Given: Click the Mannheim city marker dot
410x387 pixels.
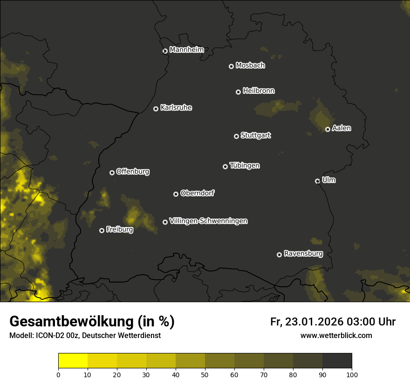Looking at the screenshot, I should pyautogui.click(x=165, y=51).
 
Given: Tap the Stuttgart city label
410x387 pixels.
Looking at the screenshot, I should pyautogui.click(x=255, y=136).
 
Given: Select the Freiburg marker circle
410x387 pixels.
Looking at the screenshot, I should pyautogui.click(x=102, y=230).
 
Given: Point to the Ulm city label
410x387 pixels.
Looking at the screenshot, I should pyautogui.click(x=328, y=180).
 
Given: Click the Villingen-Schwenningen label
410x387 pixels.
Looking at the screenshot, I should pyautogui.click(x=208, y=221).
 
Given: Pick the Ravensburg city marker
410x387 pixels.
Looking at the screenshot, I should pyautogui.click(x=280, y=255).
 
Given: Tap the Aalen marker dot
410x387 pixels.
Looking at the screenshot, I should pyautogui.click(x=328, y=129).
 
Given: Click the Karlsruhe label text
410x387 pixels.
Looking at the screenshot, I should pyautogui.click(x=176, y=108).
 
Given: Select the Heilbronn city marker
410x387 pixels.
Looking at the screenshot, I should pyautogui.click(x=239, y=92).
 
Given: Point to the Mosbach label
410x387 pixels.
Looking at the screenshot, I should pyautogui.click(x=250, y=66).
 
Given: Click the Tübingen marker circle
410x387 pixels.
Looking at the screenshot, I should pyautogui.click(x=225, y=166).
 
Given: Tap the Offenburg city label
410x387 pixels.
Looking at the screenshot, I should pyautogui.click(x=133, y=172).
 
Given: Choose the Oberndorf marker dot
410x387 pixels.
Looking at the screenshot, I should pyautogui.click(x=176, y=194).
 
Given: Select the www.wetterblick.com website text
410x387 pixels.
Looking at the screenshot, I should pyautogui.click(x=336, y=335).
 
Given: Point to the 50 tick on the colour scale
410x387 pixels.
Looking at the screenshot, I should pyautogui.click(x=205, y=374).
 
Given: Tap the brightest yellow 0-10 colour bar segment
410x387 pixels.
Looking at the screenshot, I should pyautogui.click(x=73, y=361).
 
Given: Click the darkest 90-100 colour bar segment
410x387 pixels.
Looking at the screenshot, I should pyautogui.click(x=337, y=361).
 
